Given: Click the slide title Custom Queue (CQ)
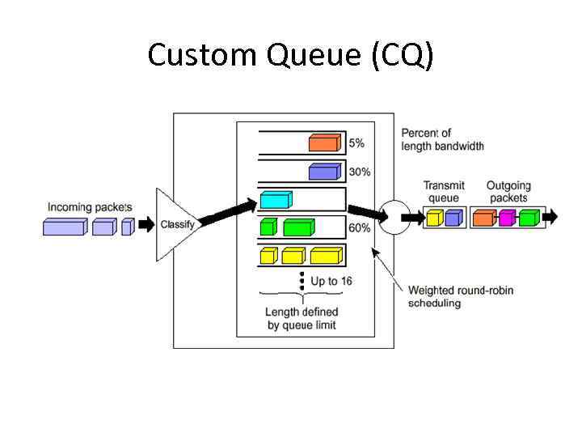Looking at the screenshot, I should tap(291, 55).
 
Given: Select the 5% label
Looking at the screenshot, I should tap(356, 143).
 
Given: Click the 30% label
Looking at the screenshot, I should tap(360, 172).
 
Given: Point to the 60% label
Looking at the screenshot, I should tap(360, 228).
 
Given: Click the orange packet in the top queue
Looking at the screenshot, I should tap(323, 143).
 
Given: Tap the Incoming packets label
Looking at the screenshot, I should tap(89, 207).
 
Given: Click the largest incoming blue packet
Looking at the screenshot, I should tap(65, 227).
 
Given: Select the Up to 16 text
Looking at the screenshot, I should tap(331, 282).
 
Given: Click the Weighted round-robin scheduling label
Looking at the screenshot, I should tap(460, 297).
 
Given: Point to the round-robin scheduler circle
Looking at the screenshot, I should tap(394, 217).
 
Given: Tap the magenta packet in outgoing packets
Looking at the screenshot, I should tap(507, 217).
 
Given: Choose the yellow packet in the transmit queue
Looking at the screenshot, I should tap(435, 217).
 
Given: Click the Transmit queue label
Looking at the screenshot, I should tap(444, 192).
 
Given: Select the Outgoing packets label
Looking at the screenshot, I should tap(508, 192).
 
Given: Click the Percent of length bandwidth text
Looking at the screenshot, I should tap(442, 139).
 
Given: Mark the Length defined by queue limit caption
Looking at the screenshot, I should tap(302, 319).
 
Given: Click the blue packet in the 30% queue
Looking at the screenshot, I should tap(323, 172).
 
